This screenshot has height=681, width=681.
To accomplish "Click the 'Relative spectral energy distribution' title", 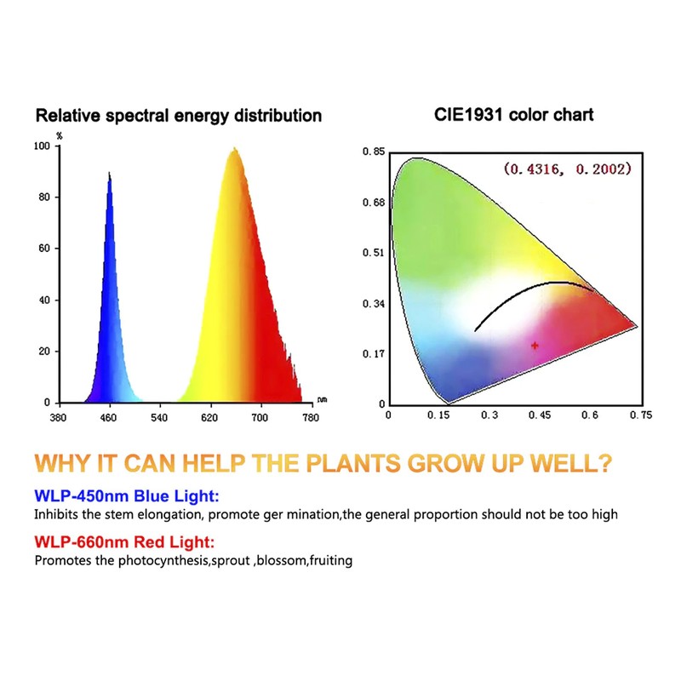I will (178, 115).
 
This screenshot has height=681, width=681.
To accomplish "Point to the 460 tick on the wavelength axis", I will (108, 418).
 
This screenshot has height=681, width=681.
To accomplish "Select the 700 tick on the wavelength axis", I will (260, 418).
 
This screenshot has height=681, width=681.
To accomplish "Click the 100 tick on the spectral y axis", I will (43, 146).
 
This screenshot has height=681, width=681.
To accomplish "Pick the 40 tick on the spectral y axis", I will (45, 300).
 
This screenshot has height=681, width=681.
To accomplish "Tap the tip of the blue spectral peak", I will (109, 173).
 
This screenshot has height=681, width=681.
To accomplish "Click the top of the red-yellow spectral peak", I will (233, 149).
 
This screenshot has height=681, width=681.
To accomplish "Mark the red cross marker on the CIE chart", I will (535, 346).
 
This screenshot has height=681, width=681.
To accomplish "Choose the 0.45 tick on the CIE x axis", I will (540, 415).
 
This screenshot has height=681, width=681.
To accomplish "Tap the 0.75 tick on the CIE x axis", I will (640, 415).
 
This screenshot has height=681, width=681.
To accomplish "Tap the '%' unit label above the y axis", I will (60, 135).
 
